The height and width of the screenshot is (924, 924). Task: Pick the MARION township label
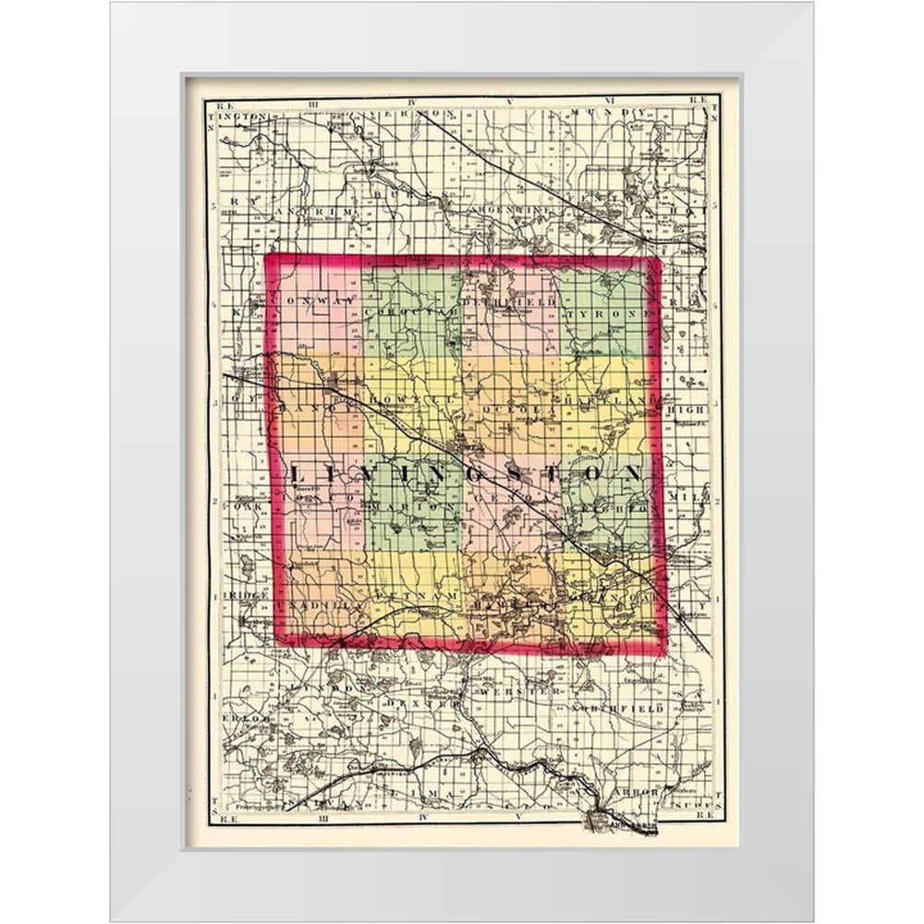click(x=417, y=507)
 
